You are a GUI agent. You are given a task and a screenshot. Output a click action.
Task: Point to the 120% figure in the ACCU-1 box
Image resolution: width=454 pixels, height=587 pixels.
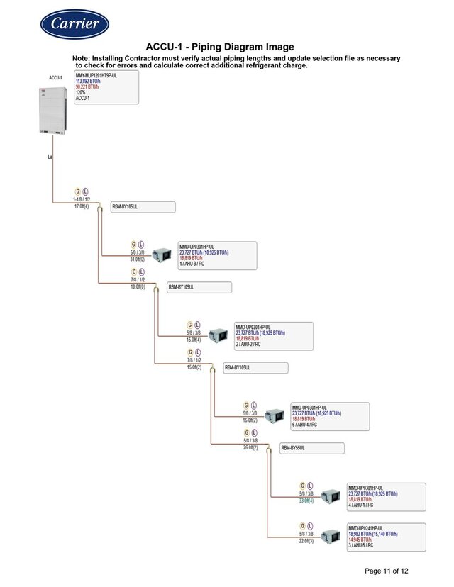[x=80, y=93]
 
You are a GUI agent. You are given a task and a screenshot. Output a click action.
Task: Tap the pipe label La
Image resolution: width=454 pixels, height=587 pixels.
[x=50, y=156]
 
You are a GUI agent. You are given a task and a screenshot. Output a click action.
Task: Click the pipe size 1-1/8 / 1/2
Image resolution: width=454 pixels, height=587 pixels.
[x=82, y=200]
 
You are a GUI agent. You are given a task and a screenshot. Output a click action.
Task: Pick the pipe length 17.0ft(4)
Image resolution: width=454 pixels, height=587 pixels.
[x=82, y=206]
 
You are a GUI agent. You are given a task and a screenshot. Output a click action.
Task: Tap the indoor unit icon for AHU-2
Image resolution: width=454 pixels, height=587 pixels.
[x=217, y=334]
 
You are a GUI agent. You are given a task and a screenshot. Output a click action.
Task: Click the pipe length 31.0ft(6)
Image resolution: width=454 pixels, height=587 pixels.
[x=138, y=259]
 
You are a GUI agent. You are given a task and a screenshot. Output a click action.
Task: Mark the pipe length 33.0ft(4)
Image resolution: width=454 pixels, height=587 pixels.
[x=306, y=501]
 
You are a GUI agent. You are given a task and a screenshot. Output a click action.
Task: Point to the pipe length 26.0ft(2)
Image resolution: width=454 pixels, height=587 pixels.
[x=250, y=448]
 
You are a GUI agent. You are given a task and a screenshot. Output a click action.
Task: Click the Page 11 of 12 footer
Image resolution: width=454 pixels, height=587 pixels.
[x=387, y=571]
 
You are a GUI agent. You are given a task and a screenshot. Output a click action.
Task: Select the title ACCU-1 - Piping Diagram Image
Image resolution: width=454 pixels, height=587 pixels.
[x=219, y=47]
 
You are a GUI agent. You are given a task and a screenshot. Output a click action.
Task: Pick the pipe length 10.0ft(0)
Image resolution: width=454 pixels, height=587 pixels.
[x=138, y=287]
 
